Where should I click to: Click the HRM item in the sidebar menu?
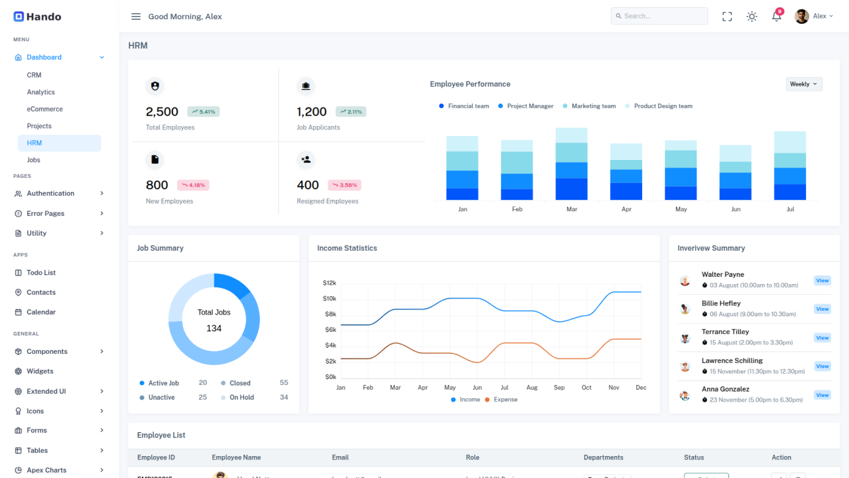34,143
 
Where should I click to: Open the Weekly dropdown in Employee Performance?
804,84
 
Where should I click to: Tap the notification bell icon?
777,17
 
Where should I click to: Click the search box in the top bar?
659,16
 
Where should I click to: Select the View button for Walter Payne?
822,281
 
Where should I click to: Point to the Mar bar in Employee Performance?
572,165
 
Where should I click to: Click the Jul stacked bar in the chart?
790,166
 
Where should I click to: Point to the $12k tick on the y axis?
330,283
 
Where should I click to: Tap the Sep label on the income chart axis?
559,388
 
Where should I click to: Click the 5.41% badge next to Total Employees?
203,112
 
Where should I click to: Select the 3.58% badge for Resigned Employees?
345,185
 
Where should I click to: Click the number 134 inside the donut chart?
214,329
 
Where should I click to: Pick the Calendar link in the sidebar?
41,312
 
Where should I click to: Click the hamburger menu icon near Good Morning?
136,17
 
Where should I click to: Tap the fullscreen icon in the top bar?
727,17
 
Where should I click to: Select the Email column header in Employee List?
340,457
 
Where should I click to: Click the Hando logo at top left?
37,17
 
